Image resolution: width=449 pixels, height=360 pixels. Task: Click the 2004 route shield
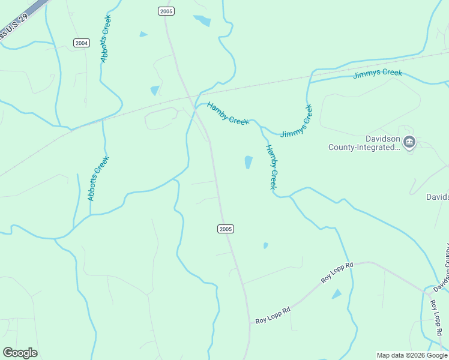coord(82,43)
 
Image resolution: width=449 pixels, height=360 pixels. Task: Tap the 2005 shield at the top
coord(166,11)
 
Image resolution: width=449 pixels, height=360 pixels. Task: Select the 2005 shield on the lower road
coord(225,229)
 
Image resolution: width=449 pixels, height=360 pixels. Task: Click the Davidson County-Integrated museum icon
coord(409,143)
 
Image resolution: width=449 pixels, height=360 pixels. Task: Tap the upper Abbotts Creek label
coord(106,39)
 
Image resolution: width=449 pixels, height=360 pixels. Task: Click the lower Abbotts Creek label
coord(98,178)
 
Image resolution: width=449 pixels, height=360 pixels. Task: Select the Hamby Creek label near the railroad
coord(228,114)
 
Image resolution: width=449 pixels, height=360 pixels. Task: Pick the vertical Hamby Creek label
coord(271,167)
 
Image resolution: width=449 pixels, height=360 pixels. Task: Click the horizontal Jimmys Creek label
coord(378,73)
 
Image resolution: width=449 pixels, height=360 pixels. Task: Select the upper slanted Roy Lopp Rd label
coord(337,272)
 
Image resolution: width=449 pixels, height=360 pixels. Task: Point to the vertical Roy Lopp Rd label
coord(436,318)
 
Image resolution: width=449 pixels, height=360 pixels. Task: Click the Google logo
coord(20,353)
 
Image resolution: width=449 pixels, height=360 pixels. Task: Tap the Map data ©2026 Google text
coord(412,355)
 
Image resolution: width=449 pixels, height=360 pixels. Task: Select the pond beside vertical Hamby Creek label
coord(249,162)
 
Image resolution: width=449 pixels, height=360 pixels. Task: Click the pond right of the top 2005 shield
coord(203,20)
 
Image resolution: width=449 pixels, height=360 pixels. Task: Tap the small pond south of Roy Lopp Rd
coord(336,294)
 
